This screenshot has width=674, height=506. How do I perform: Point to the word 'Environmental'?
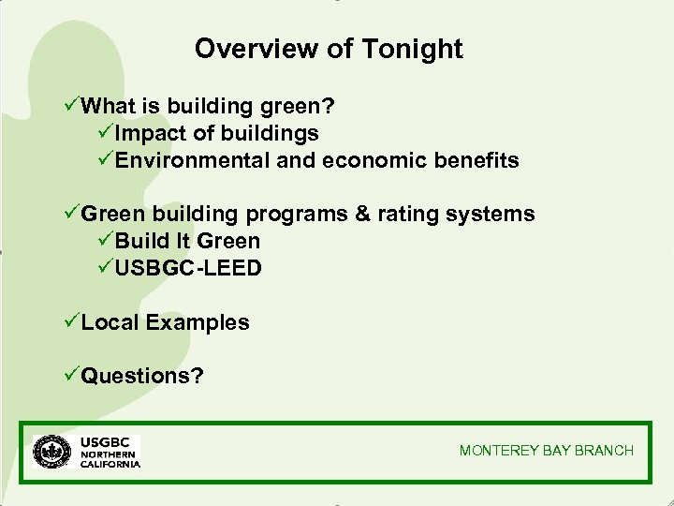pyautogui.click(x=193, y=160)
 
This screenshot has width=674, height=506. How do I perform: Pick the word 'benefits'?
pyautogui.click(x=476, y=160)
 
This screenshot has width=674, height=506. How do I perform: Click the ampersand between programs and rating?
pyautogui.click(x=362, y=215)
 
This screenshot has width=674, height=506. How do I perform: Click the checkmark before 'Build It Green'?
pyautogui.click(x=105, y=241)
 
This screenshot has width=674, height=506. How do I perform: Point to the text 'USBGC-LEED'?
pyautogui.click(x=188, y=268)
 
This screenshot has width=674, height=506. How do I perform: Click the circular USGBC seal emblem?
pyautogui.click(x=51, y=451)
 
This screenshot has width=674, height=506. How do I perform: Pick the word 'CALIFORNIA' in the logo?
pyautogui.click(x=110, y=464)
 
